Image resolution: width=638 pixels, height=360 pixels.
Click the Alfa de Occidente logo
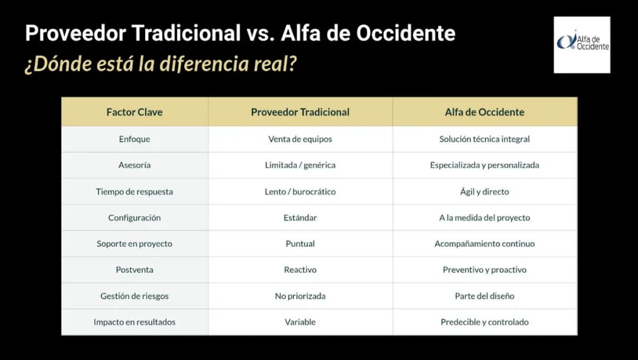[581, 44]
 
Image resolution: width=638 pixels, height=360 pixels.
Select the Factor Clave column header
[135, 112]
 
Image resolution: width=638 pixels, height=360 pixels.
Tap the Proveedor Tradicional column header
[300, 112]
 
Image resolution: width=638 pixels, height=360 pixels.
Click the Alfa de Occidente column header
[484, 112]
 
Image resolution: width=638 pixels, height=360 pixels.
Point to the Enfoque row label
[135, 139]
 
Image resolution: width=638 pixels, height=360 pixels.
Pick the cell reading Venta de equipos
[300, 139]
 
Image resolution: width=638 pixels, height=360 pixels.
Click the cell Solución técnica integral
[484, 139]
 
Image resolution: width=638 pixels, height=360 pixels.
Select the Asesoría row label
[135, 165]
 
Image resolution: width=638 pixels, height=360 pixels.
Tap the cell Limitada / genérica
[300, 165]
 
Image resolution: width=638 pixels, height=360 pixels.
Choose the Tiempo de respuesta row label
[135, 191]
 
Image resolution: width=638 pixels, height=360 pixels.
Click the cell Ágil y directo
[484, 191]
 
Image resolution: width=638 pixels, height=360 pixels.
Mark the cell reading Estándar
[300, 217]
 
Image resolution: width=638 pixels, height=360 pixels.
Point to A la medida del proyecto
[484, 217]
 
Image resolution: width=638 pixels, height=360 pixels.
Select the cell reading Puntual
[300, 244]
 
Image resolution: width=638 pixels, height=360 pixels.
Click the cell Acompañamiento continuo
[484, 244]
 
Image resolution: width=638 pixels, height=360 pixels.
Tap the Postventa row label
[135, 270]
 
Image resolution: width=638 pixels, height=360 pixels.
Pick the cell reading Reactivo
[300, 270]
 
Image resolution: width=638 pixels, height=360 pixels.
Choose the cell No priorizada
[300, 296]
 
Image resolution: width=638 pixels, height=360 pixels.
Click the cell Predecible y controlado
[484, 322]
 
